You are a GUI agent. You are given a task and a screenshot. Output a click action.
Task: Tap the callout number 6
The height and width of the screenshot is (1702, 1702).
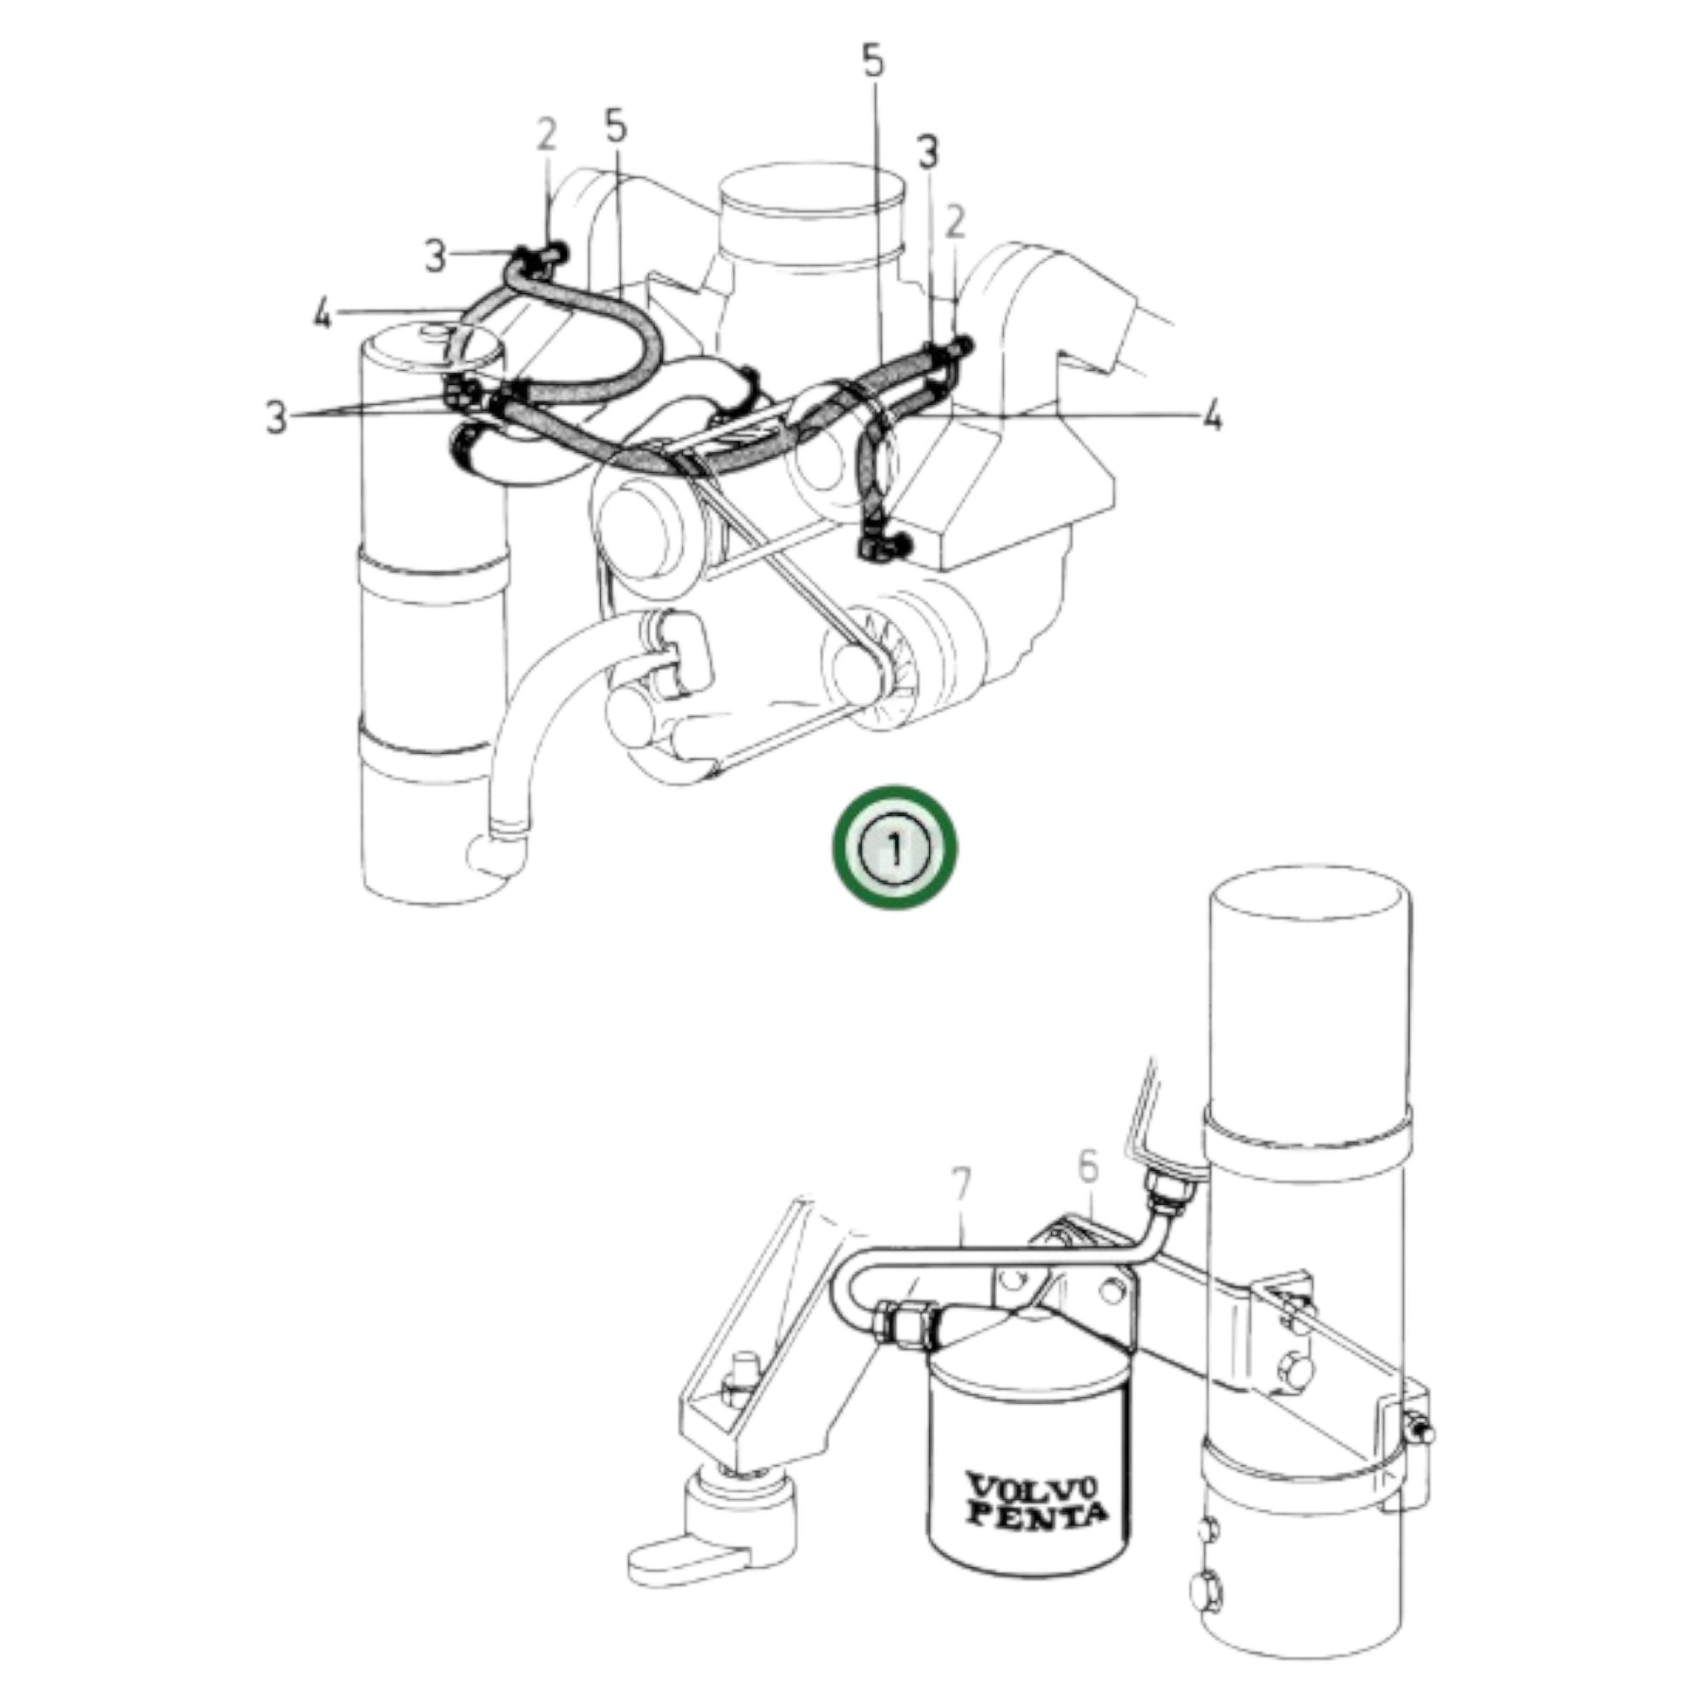click(1090, 1168)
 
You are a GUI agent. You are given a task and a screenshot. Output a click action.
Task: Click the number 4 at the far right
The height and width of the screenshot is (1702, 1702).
click(1212, 415)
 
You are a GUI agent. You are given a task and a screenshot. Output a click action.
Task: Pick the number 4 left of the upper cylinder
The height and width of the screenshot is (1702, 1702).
click(323, 314)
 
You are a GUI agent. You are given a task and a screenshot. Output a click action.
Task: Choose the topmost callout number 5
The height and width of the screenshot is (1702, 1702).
click(872, 62)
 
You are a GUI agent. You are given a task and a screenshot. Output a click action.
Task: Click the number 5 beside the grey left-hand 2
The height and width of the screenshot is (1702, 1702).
click(616, 126)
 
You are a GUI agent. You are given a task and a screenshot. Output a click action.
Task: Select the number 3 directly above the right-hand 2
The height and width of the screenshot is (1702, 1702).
click(928, 151)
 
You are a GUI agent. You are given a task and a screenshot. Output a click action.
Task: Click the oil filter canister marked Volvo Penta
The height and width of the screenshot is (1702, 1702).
click(1029, 1462)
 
